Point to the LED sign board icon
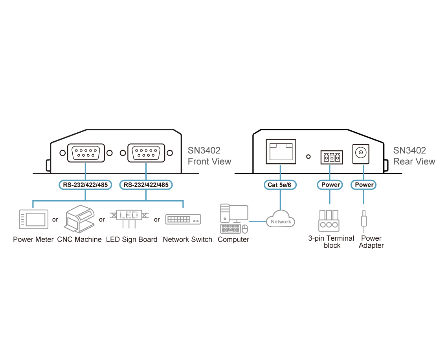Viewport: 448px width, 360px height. coord(129,218)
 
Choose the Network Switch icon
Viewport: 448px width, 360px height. coord(183,219)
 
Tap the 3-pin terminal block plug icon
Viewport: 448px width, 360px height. coord(329,220)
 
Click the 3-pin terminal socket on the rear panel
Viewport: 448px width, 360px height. coord(331,157)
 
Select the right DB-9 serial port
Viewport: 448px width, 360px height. coord(146,152)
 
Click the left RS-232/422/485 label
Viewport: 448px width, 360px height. coord(85,185)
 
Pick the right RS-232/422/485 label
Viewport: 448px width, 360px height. coord(146,185)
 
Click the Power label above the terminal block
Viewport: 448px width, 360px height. coord(330,185)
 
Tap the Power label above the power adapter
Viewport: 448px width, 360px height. coord(364,185)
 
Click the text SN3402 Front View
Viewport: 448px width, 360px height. coord(209,156)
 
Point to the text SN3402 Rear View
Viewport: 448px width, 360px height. coord(414,156)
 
